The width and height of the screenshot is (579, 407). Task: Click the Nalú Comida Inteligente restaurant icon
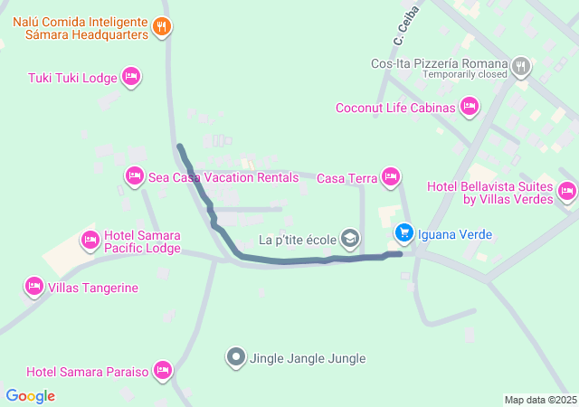(162, 26)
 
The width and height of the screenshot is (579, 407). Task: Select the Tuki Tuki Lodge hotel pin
(131, 77)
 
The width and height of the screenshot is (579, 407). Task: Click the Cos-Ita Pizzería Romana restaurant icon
(520, 65)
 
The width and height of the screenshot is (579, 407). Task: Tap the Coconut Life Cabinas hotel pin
(469, 108)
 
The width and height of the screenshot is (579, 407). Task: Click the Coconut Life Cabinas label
(394, 108)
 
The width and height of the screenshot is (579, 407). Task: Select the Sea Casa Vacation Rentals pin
(135, 176)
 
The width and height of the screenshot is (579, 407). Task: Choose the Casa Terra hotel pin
(391, 176)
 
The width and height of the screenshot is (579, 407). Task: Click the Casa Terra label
(346, 178)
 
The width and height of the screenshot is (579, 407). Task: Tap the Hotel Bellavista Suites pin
(567, 191)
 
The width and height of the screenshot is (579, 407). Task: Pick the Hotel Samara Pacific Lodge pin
(90, 240)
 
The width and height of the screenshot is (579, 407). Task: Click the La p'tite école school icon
(350, 240)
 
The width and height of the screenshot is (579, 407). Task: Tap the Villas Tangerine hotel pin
(34, 287)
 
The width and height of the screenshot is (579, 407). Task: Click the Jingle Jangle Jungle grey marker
(236, 358)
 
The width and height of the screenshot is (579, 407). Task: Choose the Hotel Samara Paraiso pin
(163, 370)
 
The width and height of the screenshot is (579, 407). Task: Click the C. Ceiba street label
(403, 27)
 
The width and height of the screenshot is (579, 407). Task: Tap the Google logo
(30, 396)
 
